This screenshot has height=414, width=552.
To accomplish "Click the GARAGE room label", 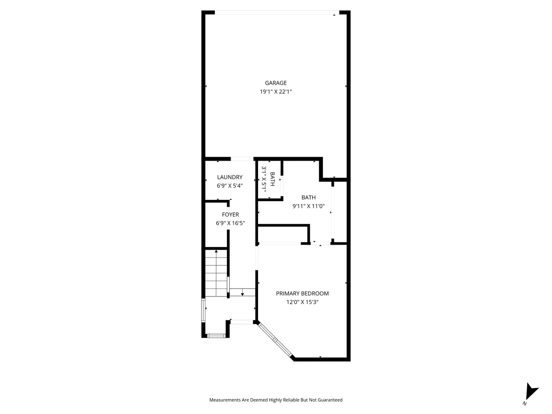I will (276, 83).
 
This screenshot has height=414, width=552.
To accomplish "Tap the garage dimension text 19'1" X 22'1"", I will (276, 92).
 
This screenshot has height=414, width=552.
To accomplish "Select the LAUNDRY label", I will (230, 177).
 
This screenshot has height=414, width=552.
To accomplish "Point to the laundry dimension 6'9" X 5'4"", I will (230, 186).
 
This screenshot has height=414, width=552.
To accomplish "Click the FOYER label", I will (230, 214).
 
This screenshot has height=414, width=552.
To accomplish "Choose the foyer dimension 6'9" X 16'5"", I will (230, 223).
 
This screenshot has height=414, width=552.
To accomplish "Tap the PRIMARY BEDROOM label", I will (302, 294).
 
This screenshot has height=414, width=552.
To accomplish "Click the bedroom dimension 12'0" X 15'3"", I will (302, 302).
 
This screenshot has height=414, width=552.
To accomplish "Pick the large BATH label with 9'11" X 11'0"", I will (309, 197).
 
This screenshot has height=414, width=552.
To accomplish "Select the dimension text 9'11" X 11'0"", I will (309, 206).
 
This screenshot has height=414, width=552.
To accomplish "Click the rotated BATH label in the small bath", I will (272, 179).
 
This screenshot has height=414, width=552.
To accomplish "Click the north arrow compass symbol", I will (530, 391).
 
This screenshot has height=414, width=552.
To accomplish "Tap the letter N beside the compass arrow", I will (525, 404).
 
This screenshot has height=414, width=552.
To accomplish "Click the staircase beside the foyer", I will (216, 273).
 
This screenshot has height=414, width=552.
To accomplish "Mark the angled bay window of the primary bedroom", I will (275, 339).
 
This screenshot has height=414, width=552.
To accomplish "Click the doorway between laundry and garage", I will (242, 159).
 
